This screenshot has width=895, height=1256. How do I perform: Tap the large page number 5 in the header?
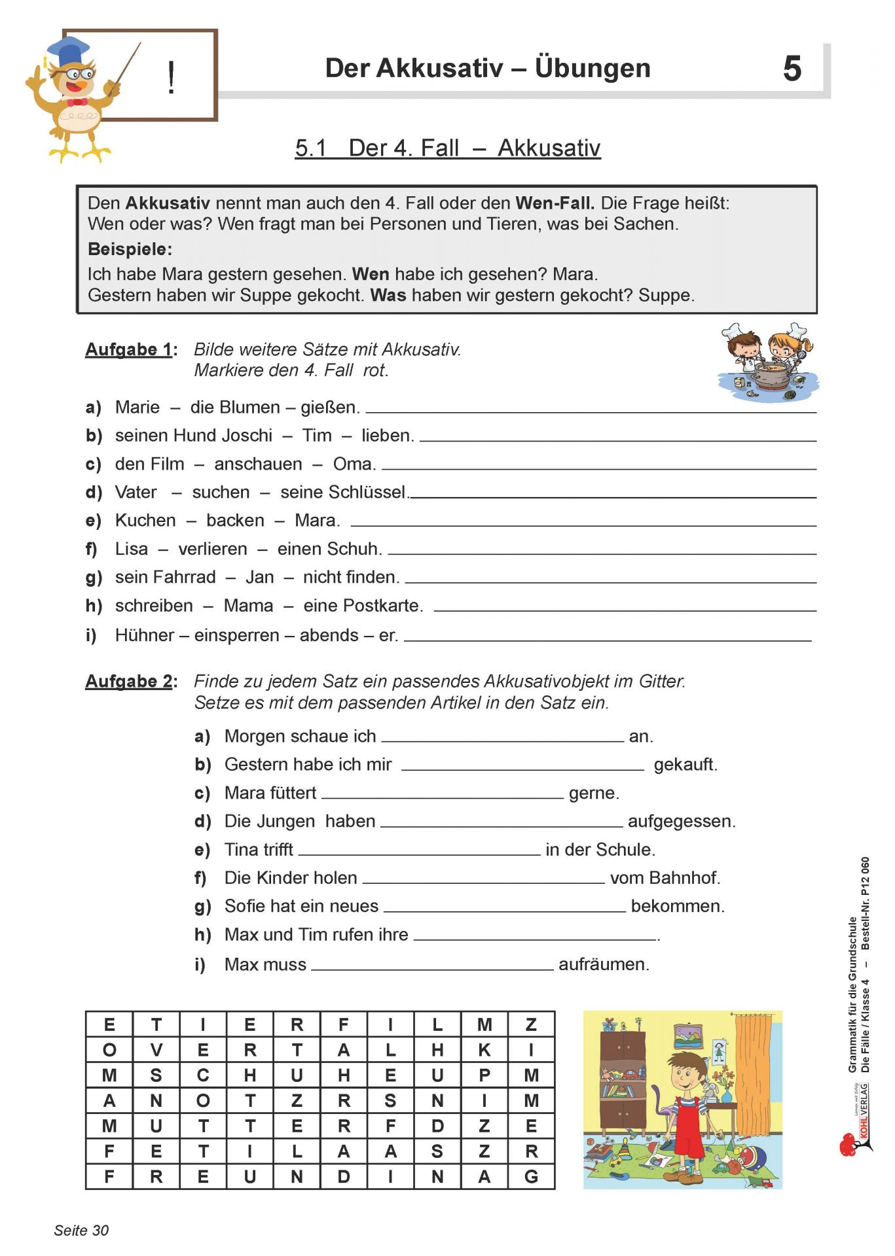(792, 69)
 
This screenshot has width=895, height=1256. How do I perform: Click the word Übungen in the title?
(592, 68)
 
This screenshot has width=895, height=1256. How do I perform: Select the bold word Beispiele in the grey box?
(130, 249)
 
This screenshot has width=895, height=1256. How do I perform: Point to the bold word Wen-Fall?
(555, 203)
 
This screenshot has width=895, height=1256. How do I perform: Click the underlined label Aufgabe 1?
(129, 349)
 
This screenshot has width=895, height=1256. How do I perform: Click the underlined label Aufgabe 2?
(129, 681)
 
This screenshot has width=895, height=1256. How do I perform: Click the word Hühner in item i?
(145, 635)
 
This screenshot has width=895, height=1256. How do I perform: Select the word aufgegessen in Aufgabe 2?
(681, 821)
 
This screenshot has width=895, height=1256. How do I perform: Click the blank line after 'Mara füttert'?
(443, 797)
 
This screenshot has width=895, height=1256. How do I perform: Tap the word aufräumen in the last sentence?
(603, 964)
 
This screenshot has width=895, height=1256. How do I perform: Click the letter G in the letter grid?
(531, 1177)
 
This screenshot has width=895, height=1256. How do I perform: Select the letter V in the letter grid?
(156, 1050)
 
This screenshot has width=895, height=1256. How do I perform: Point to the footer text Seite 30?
(81, 1230)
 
